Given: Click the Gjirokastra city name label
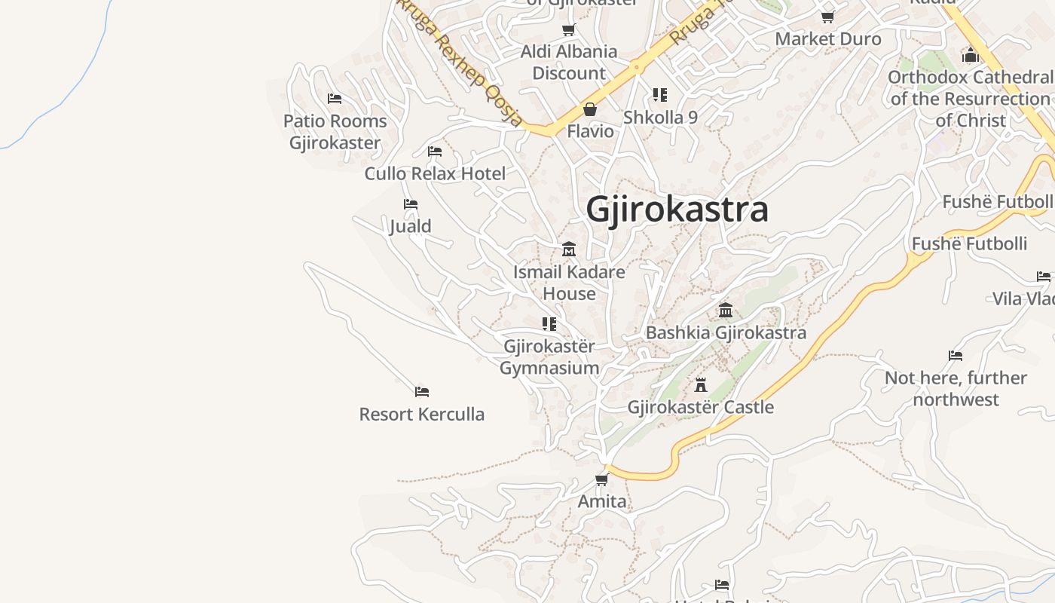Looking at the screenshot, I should pos(677,209).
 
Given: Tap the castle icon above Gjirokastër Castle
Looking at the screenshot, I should pos(701,385).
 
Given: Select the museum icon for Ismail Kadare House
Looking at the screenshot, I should pos(569,249).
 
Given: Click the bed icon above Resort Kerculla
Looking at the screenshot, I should pos(422,392).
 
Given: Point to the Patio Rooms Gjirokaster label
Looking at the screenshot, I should pos(335,132).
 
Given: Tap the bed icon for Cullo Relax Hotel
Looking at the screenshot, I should pos(435,152).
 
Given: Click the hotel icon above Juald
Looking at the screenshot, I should pos(411,204).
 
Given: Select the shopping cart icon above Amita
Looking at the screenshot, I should pos(601,479).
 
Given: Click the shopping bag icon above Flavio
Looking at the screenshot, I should pos(590,109).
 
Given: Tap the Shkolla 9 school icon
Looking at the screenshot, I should pos(660,95).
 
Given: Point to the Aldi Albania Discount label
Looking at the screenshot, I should pos(569,63).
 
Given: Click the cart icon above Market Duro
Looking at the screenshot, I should pos(827,17).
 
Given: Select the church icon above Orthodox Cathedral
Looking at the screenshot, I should pos(971,55).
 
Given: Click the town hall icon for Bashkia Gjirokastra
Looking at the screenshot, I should pos(726,310).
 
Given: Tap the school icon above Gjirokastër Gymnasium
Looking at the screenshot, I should pos(549,324).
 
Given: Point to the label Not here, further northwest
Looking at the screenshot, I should pos(956,388).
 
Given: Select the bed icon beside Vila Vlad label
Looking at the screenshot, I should pos(1044,277).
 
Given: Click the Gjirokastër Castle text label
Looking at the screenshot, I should pos(701,407).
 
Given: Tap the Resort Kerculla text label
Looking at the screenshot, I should pos(422,414).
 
